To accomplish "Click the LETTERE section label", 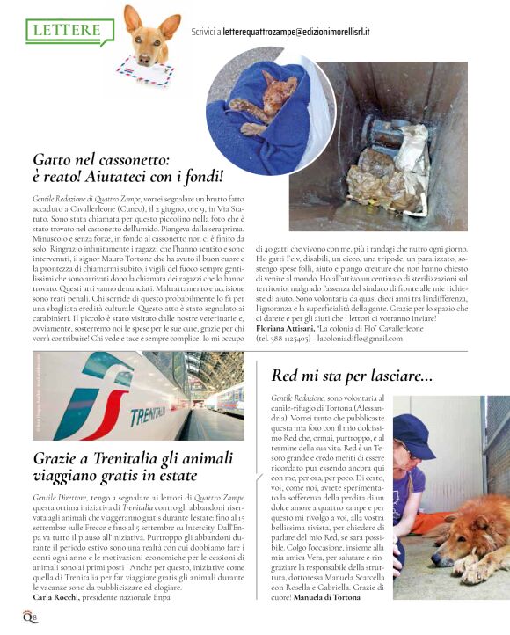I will [x=65, y=30].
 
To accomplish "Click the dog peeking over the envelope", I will [x=144, y=35].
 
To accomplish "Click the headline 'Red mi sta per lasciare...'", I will [x=352, y=376].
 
